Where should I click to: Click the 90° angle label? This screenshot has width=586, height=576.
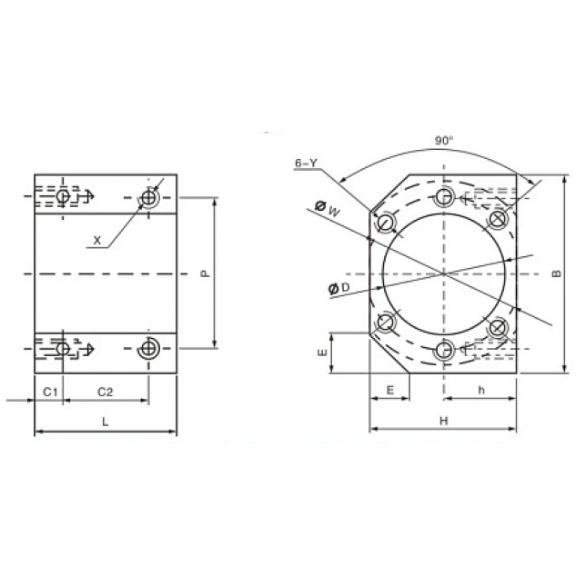[x=444, y=141]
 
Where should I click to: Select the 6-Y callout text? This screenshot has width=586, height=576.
[x=306, y=163]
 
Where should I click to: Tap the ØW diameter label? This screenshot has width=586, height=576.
[x=328, y=209]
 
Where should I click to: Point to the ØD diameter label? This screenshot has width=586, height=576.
[x=338, y=288]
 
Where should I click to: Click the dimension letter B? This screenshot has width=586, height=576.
[x=557, y=273]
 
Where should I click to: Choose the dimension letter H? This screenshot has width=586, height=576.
[x=444, y=421]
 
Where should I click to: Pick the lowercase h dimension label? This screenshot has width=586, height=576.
[x=481, y=390]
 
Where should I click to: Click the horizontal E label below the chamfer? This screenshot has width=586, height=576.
[x=389, y=390]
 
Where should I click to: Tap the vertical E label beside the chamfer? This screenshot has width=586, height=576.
[x=322, y=353]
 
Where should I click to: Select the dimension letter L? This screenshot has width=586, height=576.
[x=106, y=422]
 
